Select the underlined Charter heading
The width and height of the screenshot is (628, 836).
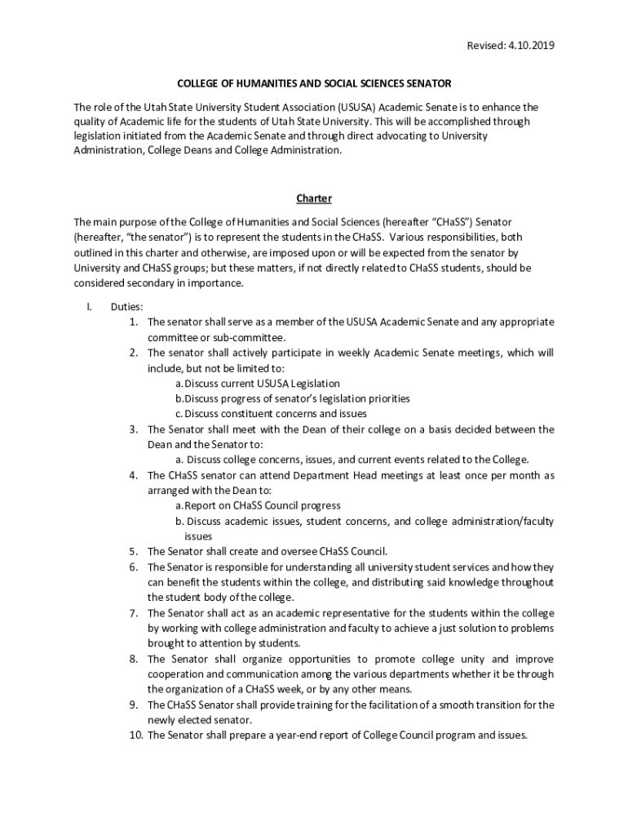(313, 198)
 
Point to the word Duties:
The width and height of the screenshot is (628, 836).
(127, 307)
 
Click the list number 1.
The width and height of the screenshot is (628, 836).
(133, 322)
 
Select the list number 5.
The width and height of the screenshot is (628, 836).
(133, 551)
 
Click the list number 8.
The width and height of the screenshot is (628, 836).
(133, 659)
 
